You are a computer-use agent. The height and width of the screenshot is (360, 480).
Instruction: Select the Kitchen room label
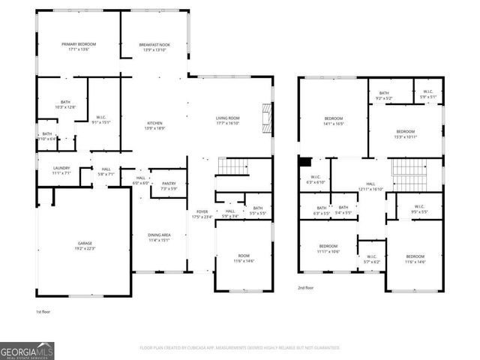click(154, 126)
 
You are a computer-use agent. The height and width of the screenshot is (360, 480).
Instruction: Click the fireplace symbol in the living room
click(264, 116)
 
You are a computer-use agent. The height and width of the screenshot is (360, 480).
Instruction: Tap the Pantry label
click(168, 185)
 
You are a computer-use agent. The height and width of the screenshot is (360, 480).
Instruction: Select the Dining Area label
click(160, 238)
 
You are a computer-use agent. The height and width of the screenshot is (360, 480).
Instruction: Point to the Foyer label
click(202, 214)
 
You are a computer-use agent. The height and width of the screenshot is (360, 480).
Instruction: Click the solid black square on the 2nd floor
click(304, 162)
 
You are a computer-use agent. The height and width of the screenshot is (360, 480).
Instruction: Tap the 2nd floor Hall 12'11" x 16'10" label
click(370, 186)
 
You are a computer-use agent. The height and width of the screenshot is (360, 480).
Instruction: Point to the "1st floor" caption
click(43, 311)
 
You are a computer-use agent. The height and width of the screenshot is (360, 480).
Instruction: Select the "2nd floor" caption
click(305, 287)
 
